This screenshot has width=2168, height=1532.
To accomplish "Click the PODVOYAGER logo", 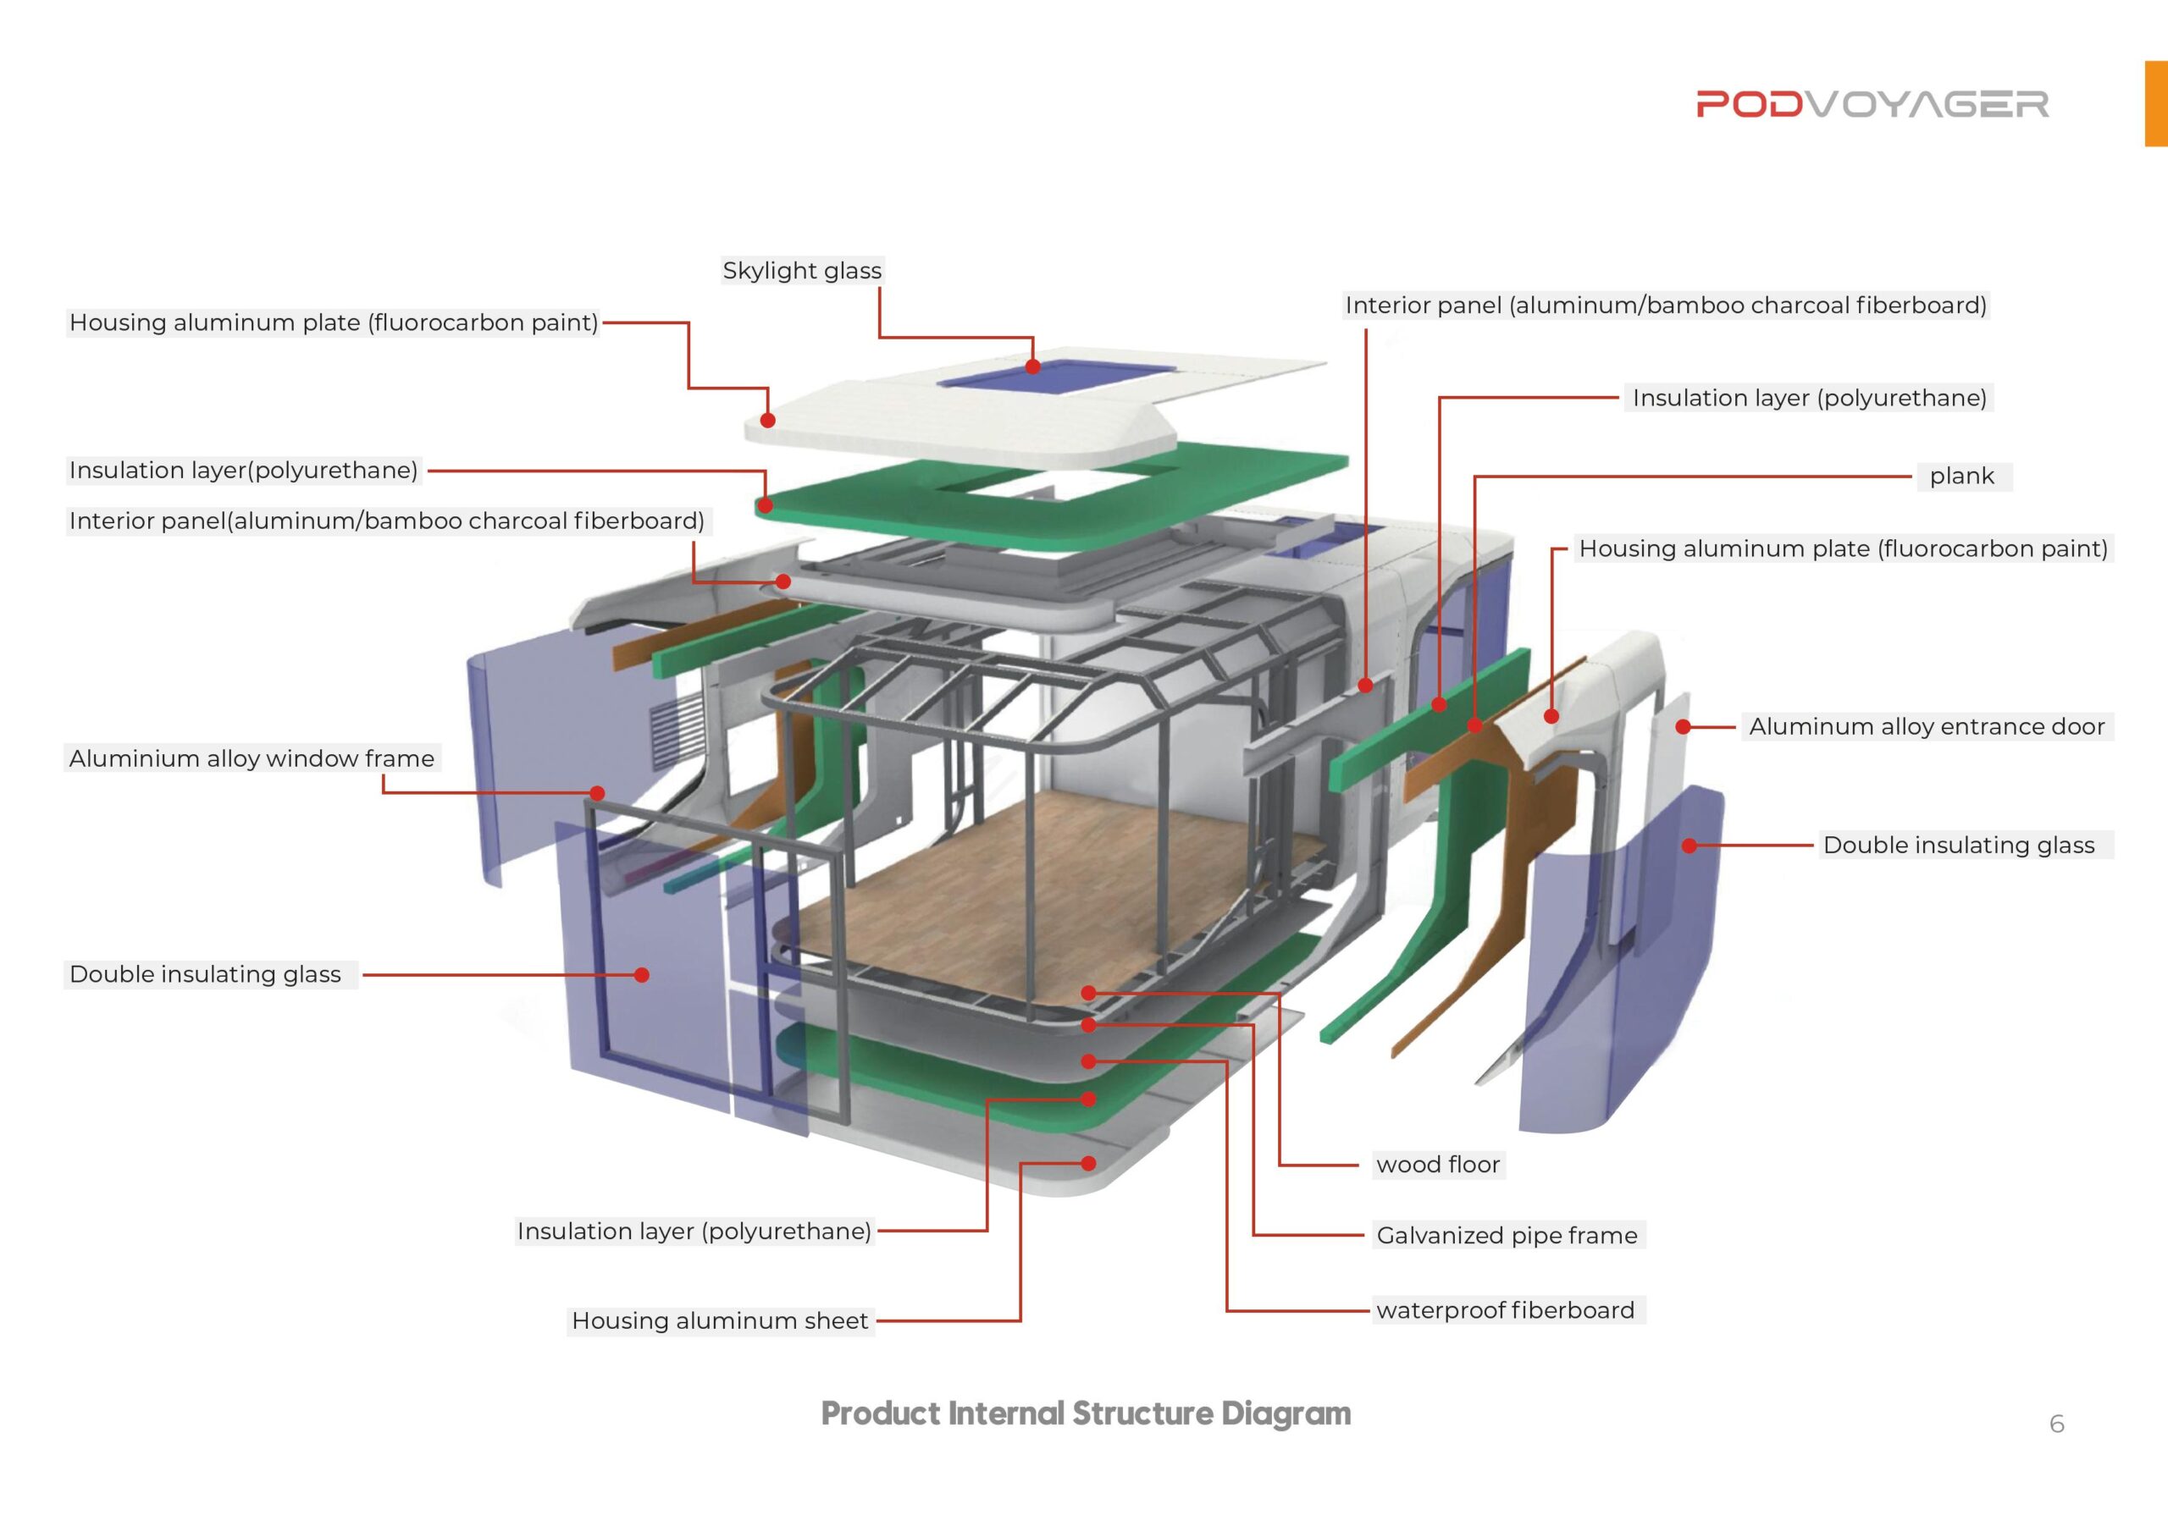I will pos(1872,104).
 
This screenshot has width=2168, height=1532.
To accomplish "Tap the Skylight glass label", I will pos(802,271).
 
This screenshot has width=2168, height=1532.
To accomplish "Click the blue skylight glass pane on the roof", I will pos(1058,376).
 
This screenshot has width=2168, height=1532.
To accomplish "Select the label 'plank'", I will pos(1961,476).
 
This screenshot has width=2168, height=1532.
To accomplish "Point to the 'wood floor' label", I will pos(1437,1164).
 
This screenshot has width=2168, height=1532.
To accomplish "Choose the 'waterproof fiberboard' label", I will pos(1504,1310).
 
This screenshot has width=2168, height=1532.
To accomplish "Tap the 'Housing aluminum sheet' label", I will pos(720,1320).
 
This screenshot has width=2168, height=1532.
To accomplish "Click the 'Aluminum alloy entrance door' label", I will pos(1927,727).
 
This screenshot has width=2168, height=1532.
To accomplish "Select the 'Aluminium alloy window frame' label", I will pos(252,759).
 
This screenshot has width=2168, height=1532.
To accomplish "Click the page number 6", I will pos(2056,1424).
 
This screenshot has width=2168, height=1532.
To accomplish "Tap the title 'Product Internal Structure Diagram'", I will pos(1086,1413).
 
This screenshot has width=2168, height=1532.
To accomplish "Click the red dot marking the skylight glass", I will pos(1033,366).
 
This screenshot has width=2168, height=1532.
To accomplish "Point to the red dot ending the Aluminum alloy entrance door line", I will pos(1683,727).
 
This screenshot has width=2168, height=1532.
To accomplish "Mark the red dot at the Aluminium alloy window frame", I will pos(598,793).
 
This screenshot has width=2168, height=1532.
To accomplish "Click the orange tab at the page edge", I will pos(2156,104).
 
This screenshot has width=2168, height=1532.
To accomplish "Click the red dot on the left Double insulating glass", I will pos(642,975).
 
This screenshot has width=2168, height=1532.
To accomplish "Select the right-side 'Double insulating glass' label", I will pos(1958,845).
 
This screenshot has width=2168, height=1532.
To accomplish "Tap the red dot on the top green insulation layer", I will pos(766,506).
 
